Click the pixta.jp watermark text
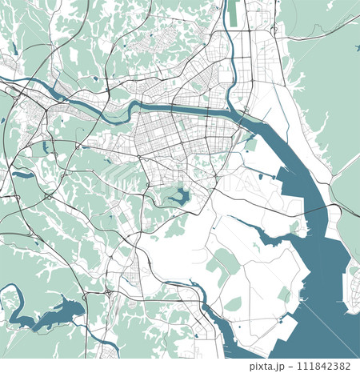click(267, 365)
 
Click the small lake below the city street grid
click(177, 195)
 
